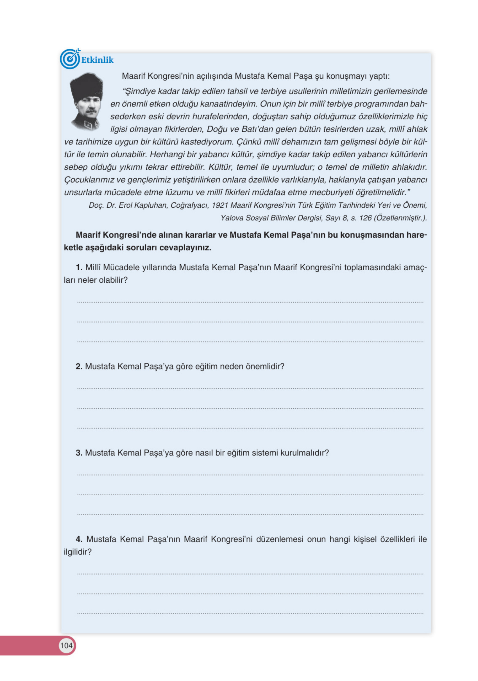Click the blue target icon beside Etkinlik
pyautogui.click(x=70, y=59)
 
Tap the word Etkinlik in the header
pyautogui.click(x=97, y=60)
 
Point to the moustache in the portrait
pyautogui.click(x=91, y=111)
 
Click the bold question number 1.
pyautogui.click(x=79, y=267)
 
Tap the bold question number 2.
pyautogui.click(x=79, y=366)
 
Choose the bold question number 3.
pyautogui.click(x=79, y=453)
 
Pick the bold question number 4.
pyautogui.click(x=79, y=539)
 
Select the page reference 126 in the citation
pyautogui.click(x=365, y=218)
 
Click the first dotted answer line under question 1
pyautogui.click(x=250, y=302)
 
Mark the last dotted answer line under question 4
pyautogui.click(x=250, y=613)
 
